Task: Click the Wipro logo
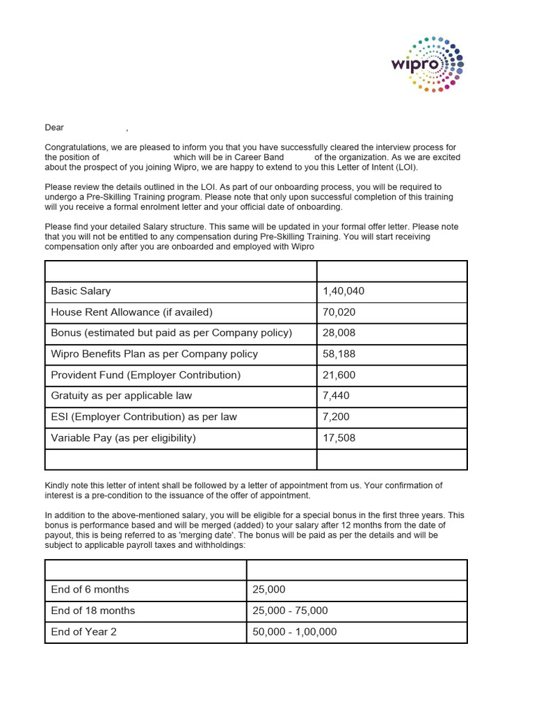pyautogui.click(x=426, y=64)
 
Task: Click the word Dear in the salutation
pyautogui.click(x=54, y=128)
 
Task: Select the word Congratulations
pyautogui.click(x=76, y=147)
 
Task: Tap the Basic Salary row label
pyautogui.click(x=81, y=291)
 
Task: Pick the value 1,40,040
pyautogui.click(x=343, y=291)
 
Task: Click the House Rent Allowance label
pyautogui.click(x=131, y=312)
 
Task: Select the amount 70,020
pyautogui.click(x=339, y=312)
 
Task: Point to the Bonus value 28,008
pyautogui.click(x=339, y=333)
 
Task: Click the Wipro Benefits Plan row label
pyautogui.click(x=154, y=354)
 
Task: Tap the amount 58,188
pyautogui.click(x=339, y=354)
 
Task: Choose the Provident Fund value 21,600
pyautogui.click(x=339, y=375)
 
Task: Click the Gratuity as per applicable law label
pyautogui.click(x=121, y=396)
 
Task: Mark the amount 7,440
pyautogui.click(x=337, y=396)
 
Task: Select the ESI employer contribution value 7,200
pyautogui.click(x=337, y=416)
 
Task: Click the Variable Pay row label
pyautogui.click(x=123, y=437)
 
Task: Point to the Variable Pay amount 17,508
pyautogui.click(x=339, y=437)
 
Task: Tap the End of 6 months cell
pyautogui.click(x=90, y=590)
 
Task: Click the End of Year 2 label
pyautogui.click(x=83, y=632)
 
